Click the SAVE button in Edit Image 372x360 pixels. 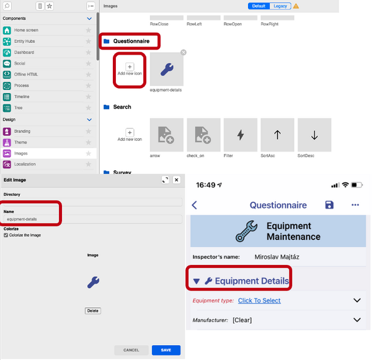click(166, 350)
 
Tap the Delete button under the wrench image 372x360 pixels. click(92, 310)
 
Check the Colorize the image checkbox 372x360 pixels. click(6, 235)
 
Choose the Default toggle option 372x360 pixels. click(259, 6)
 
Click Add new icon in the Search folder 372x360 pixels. click(130, 135)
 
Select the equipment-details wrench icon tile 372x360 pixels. click(166, 70)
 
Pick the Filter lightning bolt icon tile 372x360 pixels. click(241, 135)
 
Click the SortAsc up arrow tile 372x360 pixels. click(277, 135)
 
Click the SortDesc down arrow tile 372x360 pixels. click(314, 135)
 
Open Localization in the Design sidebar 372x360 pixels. click(25, 164)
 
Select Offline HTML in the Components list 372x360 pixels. click(26, 74)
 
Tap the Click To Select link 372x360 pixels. click(259, 300)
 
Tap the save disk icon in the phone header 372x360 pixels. click(329, 205)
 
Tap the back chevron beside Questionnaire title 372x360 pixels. click(194, 205)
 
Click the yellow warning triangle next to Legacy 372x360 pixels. click(296, 6)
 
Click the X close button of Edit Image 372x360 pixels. click(177, 179)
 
